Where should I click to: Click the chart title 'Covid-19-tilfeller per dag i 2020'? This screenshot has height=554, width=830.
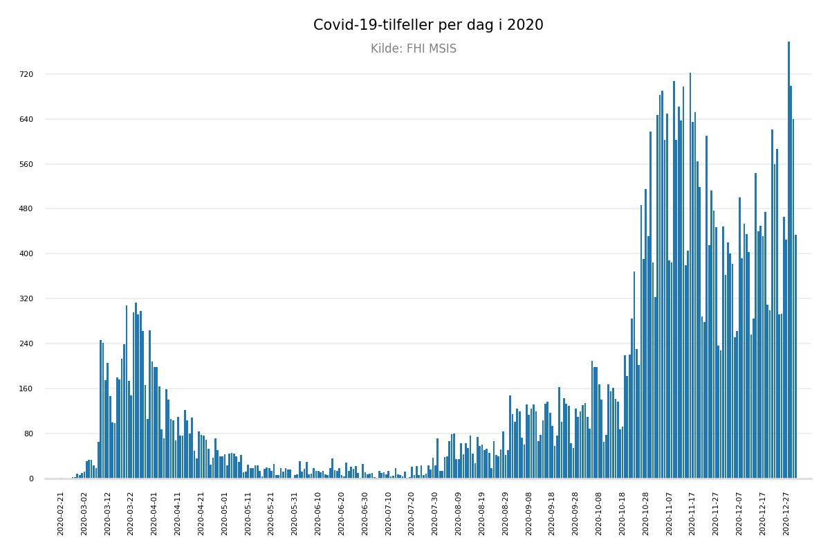tap(428, 26)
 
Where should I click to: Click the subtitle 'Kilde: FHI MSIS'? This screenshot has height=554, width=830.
tap(414, 49)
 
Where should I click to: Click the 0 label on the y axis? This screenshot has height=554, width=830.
tap(30, 479)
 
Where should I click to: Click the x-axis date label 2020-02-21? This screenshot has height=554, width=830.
tap(61, 513)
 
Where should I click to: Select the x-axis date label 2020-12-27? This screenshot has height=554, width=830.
tap(786, 513)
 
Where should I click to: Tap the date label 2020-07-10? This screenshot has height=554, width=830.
tap(389, 513)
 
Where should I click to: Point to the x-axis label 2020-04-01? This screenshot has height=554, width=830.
tap(154, 513)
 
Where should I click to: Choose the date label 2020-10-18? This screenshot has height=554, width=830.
tap(622, 513)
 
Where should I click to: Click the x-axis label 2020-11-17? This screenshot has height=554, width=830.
tap(692, 513)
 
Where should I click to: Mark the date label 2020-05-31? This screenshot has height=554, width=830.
tap(295, 513)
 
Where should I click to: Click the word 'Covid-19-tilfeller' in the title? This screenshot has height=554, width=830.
tap(367, 26)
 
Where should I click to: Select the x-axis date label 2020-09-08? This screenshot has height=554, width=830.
tap(529, 513)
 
